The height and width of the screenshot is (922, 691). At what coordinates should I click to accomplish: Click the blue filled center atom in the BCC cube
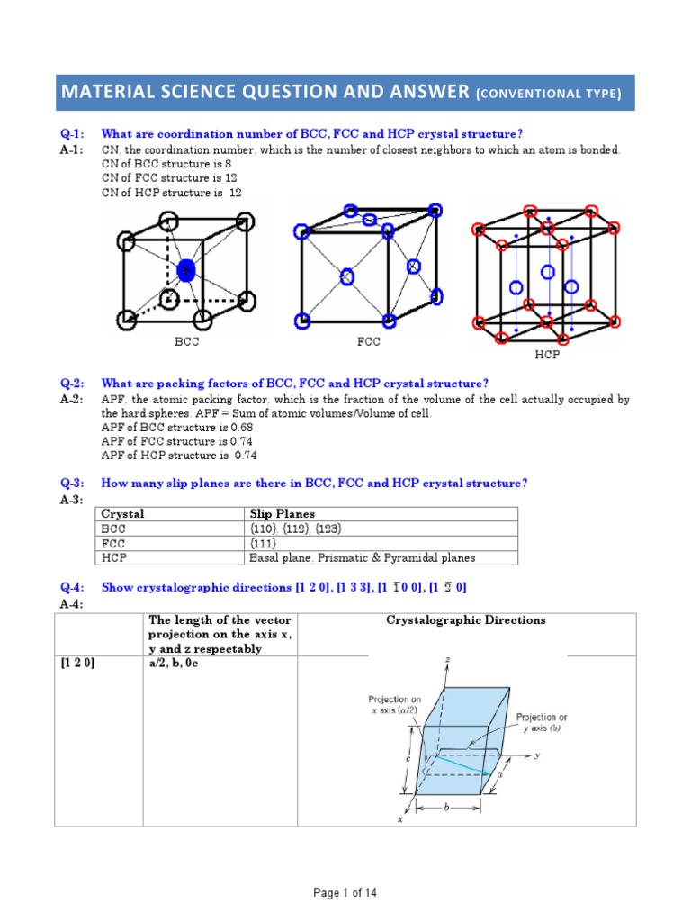click(186, 270)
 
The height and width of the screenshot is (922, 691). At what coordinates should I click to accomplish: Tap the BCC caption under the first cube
click(187, 343)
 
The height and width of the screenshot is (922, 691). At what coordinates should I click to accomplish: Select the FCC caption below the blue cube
click(369, 343)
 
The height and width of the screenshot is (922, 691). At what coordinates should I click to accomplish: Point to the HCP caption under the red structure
click(547, 356)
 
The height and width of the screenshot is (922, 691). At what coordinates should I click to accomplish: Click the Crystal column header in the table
click(122, 514)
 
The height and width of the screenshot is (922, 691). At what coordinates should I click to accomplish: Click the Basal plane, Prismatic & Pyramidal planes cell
click(362, 557)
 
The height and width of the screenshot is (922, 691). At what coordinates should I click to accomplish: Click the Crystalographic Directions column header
click(465, 620)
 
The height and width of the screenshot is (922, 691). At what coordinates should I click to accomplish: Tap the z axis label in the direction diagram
click(448, 661)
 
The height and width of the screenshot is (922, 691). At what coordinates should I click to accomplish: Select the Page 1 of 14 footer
click(345, 893)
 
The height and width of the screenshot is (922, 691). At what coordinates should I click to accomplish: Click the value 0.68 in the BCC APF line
click(215, 428)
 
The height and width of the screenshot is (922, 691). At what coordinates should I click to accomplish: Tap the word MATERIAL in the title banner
click(104, 92)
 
